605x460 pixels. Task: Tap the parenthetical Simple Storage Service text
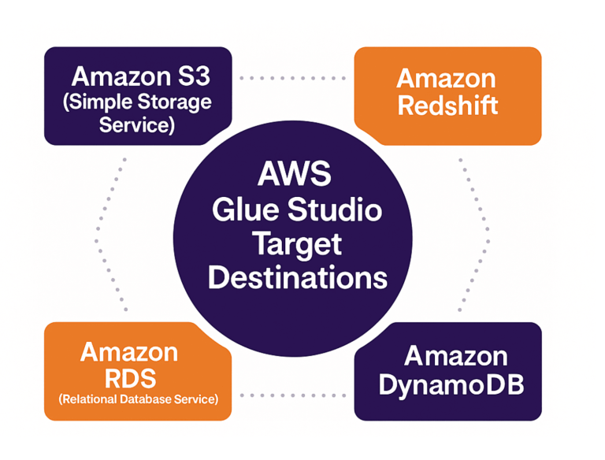pos(137,113)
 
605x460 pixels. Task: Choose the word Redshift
pos(447,106)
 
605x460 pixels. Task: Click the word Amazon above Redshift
pos(446,79)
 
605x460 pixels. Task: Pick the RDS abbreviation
pos(128,376)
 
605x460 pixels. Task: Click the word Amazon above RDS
pos(129,351)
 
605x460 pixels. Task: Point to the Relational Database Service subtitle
pos(138,399)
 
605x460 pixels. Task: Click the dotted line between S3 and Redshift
pos(292,79)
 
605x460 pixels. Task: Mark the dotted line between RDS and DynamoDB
pos(292,395)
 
